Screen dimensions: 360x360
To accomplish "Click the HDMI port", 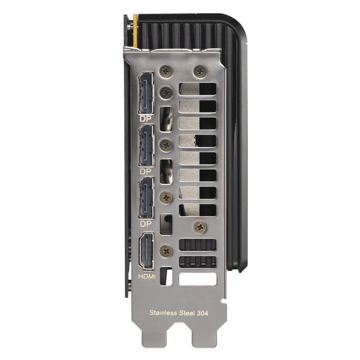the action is click(x=146, y=251).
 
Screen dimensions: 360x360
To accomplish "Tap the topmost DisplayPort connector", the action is click(x=146, y=93).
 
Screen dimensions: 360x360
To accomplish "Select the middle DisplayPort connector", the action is click(x=146, y=146).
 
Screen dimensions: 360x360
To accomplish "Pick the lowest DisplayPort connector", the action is click(x=146, y=198).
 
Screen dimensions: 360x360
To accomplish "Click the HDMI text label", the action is click(x=147, y=276).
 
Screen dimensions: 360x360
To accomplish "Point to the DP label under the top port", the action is click(x=146, y=119).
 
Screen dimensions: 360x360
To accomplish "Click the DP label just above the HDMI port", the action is click(x=146, y=224).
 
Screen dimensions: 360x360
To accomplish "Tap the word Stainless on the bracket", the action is click(x=163, y=313).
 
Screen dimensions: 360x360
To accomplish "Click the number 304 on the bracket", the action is click(x=202, y=313).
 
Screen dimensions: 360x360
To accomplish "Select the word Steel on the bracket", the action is click(x=187, y=313).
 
